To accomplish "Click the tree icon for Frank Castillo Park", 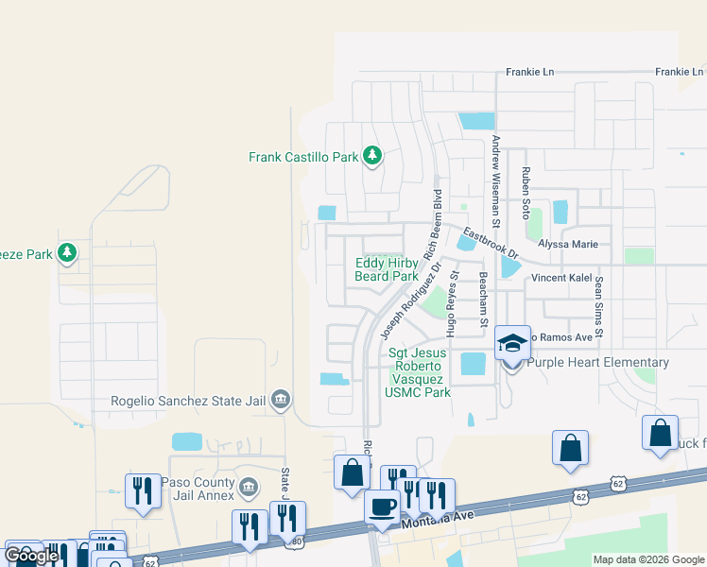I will coord(371,156).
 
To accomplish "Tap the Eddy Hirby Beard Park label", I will coord(386,269).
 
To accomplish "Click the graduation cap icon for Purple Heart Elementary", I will coord(512,344).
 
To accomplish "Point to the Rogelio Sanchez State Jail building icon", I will coord(280,399).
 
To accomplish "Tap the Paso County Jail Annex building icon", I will coord(248,487).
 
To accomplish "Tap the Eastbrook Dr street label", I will coord(491,244).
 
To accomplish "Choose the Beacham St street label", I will coord(482,301).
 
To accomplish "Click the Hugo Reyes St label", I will coord(453,305).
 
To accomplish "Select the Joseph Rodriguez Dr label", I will coord(410,301).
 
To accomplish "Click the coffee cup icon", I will coord(383,507).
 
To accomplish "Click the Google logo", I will coord(32,556).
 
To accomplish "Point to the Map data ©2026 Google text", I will coord(647,559).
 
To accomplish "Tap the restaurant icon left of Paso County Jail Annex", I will coord(143,490).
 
